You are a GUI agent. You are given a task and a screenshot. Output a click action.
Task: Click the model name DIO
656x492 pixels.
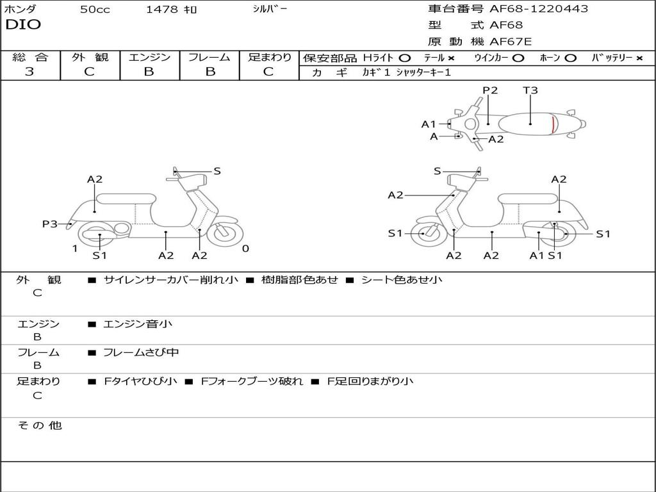click(23, 25)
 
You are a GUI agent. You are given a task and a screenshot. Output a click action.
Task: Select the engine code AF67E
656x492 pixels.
click(511, 42)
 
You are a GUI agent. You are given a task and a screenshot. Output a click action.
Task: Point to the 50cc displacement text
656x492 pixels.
click(95, 10)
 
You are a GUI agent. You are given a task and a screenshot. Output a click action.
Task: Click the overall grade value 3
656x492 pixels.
click(29, 72)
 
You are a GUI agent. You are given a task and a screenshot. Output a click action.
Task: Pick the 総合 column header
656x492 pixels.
click(30, 58)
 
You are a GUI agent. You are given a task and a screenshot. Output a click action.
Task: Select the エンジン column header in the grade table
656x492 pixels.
click(149, 58)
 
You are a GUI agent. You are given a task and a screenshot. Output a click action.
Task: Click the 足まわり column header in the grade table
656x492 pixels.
click(269, 58)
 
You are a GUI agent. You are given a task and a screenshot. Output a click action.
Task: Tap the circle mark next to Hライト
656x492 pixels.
click(404, 58)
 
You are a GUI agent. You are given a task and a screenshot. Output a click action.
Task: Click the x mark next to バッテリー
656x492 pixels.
click(639, 58)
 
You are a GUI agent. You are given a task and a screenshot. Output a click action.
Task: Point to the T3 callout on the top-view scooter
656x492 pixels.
click(530, 90)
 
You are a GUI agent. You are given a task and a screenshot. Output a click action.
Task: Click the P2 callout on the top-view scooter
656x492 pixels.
click(490, 90)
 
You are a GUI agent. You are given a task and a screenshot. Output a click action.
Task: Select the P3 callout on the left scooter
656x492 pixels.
click(50, 224)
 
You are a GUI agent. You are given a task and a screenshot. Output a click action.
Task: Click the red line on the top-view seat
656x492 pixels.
click(553, 124)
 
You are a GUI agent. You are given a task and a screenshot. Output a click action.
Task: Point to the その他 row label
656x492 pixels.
click(39, 425)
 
